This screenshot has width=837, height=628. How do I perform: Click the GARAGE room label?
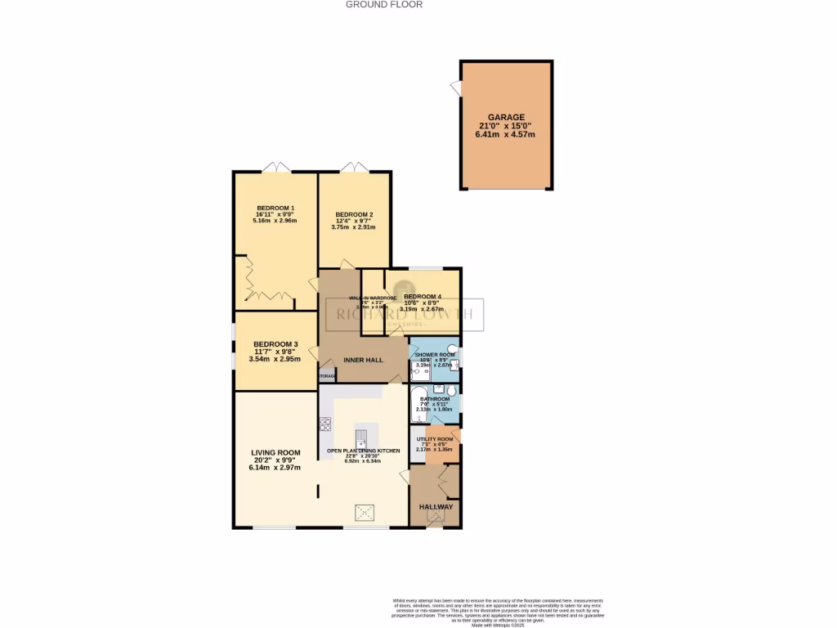[x=507, y=118]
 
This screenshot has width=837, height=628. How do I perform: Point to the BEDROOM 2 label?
[x=353, y=215]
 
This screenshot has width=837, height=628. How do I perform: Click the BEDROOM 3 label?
[x=275, y=344]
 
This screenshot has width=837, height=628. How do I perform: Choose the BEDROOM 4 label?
[x=423, y=297]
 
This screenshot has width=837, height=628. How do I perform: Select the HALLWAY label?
[x=436, y=507]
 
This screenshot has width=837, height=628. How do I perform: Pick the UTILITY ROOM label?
[x=434, y=439]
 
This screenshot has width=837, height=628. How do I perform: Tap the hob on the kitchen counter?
[x=325, y=424]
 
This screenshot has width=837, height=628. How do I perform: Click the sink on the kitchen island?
[x=362, y=434]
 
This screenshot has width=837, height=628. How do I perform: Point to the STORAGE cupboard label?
[x=327, y=376]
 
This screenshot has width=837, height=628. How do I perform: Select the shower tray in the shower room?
[x=419, y=374]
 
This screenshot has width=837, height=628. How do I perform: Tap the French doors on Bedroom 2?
[x=356, y=168]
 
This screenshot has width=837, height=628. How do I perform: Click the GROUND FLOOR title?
[x=384, y=4]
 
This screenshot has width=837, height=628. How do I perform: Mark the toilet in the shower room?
[x=452, y=349]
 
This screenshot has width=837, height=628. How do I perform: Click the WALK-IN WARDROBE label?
[x=373, y=298]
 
